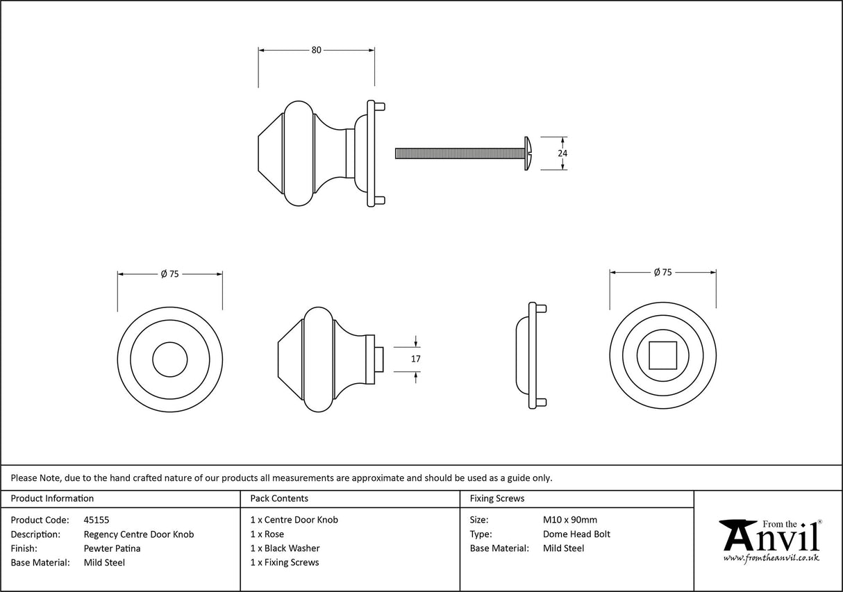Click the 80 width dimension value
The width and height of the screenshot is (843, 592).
pos(316,50)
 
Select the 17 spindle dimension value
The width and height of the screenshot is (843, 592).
pos(416,359)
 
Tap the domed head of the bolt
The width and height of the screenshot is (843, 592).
pos(528,153)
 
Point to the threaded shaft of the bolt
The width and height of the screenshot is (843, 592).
pos(458,153)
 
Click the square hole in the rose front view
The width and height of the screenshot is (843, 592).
pos(662,355)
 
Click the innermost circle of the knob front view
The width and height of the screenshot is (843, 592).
pos(169,359)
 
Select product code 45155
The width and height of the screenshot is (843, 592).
pos(97,520)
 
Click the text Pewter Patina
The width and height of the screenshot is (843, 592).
pos(112,548)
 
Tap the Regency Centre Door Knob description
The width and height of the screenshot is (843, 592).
pos(138,534)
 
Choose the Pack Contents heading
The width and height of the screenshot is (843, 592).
pos(279,498)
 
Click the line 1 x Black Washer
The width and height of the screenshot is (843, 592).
pos(285,548)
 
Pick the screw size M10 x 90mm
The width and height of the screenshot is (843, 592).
pos(569,520)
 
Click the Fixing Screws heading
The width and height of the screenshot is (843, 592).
pos(496,498)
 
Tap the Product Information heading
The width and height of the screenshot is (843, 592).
pos(52,498)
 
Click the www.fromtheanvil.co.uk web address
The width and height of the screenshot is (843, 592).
pos(771,558)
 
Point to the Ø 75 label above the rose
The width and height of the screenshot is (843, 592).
pos(662,273)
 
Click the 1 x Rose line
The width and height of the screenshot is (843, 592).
pos(267,534)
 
